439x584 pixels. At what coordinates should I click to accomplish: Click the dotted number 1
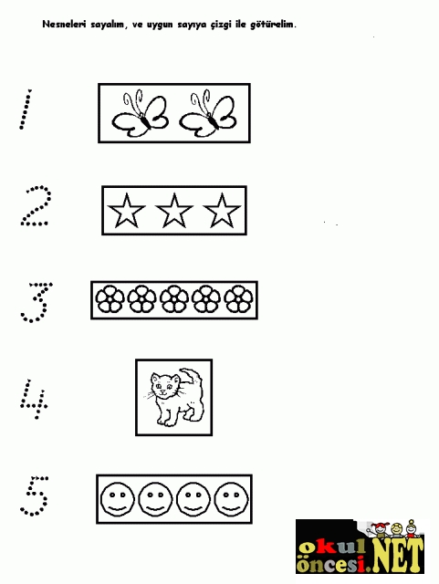[26, 109]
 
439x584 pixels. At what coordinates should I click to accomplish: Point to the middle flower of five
[174, 298]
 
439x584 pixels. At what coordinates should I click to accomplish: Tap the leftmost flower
[110, 298]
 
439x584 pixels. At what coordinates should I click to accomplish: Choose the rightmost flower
[238, 298]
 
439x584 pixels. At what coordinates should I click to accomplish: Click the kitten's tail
[195, 377]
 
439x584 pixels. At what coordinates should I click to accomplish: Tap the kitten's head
[165, 386]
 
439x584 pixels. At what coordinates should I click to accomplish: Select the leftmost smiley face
[118, 499]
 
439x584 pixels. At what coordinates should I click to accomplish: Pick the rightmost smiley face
[232, 499]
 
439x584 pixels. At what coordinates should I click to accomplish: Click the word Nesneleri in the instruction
[64, 25]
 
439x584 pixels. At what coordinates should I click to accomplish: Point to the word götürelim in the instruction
[272, 25]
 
